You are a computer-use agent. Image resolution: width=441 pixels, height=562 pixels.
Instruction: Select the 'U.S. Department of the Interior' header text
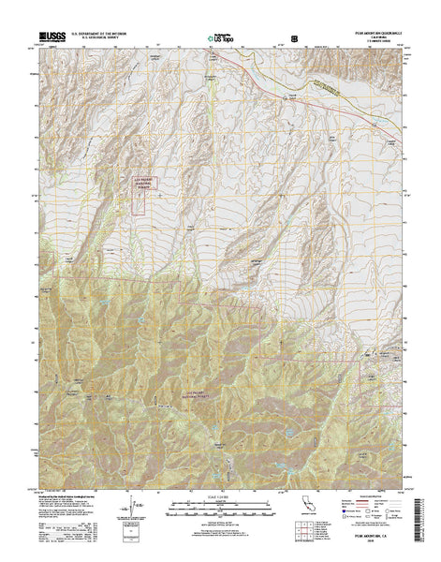point(105,34)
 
